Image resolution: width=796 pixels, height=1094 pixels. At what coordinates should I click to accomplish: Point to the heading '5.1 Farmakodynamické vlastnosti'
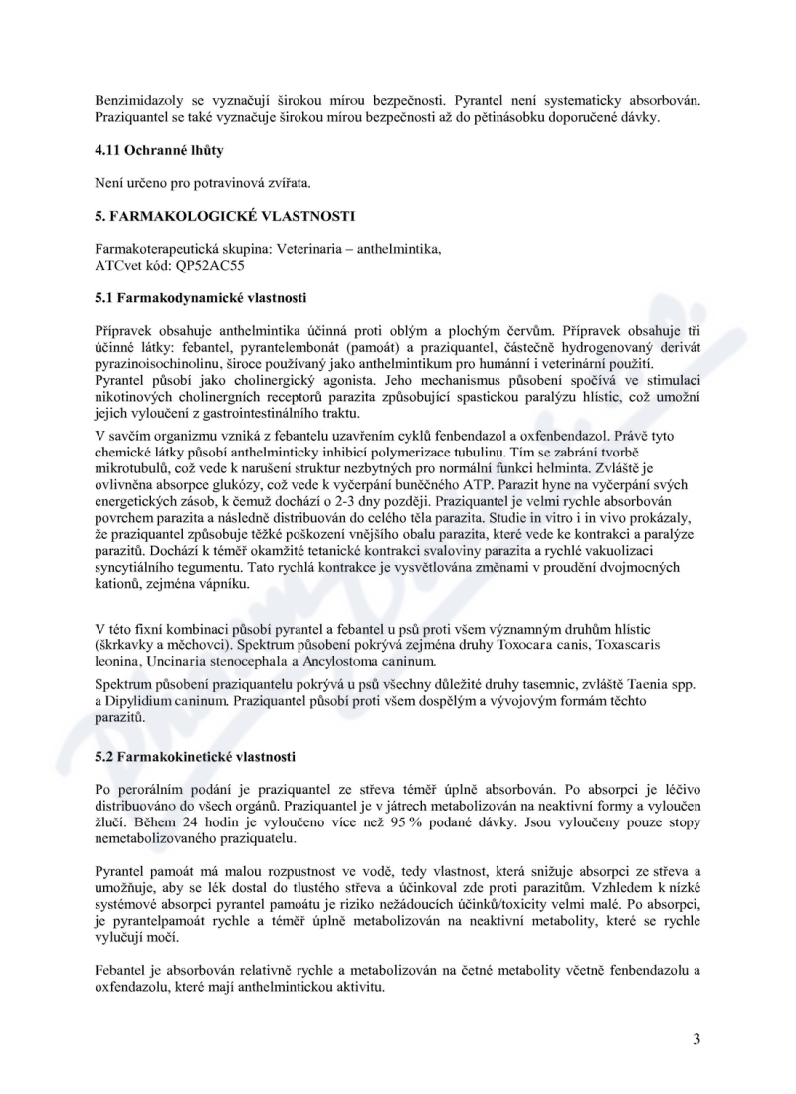[x=201, y=297]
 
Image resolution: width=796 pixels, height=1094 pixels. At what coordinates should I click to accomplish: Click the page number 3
[x=696, y=1040]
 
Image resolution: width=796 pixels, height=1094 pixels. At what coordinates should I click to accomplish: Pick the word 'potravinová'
[x=213, y=182]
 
